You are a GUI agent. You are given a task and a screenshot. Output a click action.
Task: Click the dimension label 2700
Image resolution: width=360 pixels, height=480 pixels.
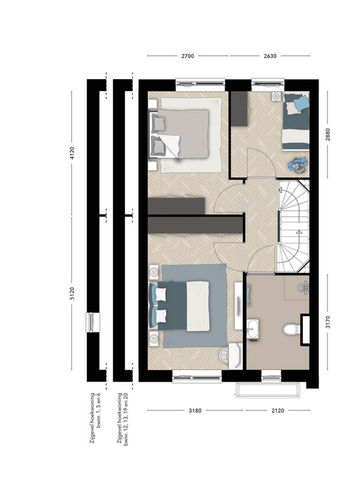tap(188, 56)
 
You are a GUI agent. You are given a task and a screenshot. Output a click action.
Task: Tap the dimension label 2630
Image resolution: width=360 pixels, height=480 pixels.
tap(270, 56)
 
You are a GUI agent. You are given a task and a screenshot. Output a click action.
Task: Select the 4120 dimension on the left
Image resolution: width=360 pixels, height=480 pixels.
tap(72, 153)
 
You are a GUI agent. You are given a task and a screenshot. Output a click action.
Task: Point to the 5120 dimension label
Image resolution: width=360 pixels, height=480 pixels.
tap(72, 293)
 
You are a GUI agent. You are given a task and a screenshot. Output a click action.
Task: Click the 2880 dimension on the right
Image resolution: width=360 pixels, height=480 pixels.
tap(328, 134)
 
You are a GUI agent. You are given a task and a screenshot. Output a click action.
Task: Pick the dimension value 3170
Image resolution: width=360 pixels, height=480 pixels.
tap(328, 322)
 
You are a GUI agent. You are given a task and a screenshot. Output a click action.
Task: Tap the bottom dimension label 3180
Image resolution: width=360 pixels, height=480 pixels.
tap(195, 410)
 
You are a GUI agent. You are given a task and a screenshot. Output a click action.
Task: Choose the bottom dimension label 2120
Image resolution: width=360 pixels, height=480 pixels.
tap(278, 410)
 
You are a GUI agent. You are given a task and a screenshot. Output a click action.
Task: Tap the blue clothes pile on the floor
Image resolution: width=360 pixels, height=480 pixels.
tap(296, 165)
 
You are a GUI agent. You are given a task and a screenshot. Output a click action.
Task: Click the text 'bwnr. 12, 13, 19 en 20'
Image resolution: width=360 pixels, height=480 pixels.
tap(125, 419)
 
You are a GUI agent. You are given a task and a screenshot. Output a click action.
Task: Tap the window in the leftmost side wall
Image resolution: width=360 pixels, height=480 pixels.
tap(92, 322)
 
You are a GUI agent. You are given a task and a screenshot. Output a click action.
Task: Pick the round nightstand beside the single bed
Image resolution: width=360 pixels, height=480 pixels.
tap(277, 97)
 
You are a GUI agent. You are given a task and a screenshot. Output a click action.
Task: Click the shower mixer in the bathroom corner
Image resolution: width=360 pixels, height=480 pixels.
tap(304, 287)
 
